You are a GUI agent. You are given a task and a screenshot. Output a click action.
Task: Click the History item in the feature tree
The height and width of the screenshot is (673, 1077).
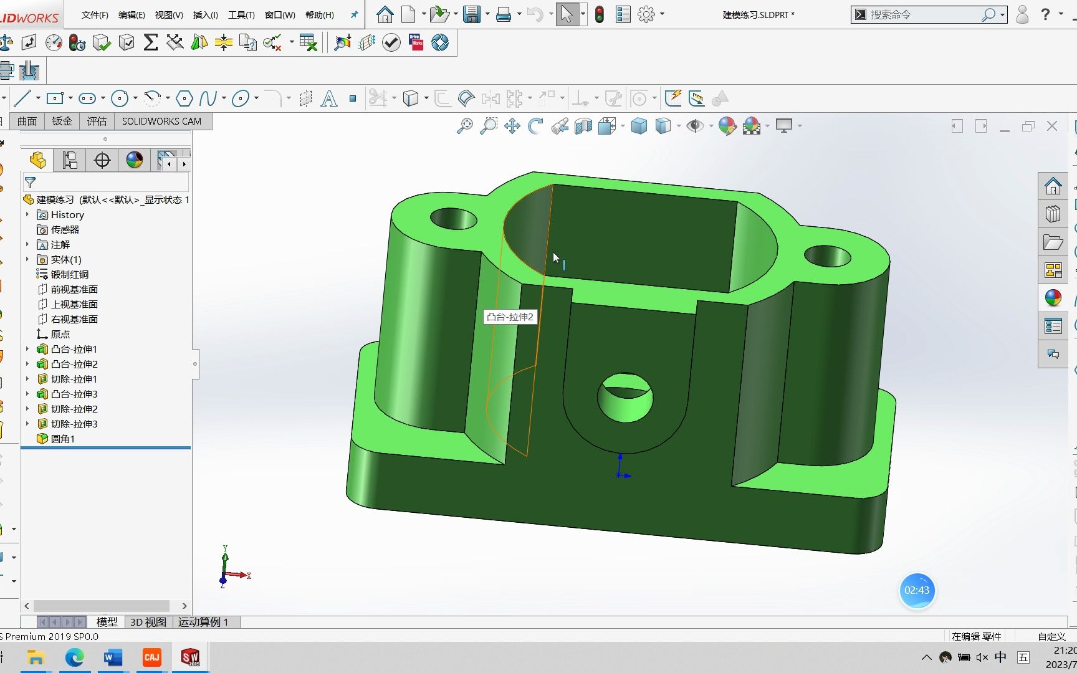(x=67, y=215)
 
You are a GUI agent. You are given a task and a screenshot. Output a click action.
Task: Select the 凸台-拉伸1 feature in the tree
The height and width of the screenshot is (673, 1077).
(x=74, y=350)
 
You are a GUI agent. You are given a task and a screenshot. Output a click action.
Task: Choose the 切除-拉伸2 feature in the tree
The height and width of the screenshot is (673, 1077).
(x=74, y=409)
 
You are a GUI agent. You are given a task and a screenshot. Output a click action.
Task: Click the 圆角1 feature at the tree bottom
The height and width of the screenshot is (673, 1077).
(x=62, y=439)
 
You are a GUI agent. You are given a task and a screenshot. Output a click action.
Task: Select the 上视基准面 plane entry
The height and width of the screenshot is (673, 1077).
(x=74, y=305)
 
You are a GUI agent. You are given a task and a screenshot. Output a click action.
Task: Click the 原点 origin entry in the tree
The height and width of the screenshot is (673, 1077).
(x=60, y=335)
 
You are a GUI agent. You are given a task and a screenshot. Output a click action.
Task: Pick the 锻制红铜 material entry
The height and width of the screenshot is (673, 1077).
(x=69, y=275)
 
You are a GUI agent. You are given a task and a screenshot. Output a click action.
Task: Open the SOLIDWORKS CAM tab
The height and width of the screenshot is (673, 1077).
(x=161, y=122)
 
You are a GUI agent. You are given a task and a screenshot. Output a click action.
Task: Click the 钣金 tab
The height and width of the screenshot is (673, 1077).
(x=62, y=122)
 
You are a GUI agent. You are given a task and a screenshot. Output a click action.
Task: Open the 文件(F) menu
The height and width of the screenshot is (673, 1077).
(x=95, y=15)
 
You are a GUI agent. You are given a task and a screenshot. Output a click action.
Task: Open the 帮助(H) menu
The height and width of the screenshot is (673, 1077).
(x=319, y=15)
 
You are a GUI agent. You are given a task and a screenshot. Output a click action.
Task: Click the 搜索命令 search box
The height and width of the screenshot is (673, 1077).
(x=922, y=15)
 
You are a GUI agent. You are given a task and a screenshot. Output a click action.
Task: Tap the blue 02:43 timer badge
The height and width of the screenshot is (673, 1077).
(x=917, y=590)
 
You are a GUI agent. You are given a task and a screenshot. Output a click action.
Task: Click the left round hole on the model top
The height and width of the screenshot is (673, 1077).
(x=453, y=219)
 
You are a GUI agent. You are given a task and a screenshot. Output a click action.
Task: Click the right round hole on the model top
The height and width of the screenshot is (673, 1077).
(x=827, y=256)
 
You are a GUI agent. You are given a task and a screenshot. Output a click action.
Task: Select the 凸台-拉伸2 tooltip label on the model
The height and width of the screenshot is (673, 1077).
(x=510, y=317)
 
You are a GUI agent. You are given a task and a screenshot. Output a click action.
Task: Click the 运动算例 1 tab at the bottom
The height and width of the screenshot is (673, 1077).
(x=203, y=622)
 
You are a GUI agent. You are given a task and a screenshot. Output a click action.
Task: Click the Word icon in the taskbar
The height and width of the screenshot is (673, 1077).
(x=113, y=657)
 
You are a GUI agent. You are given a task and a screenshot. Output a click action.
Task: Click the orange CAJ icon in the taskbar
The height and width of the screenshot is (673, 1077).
(x=151, y=657)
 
